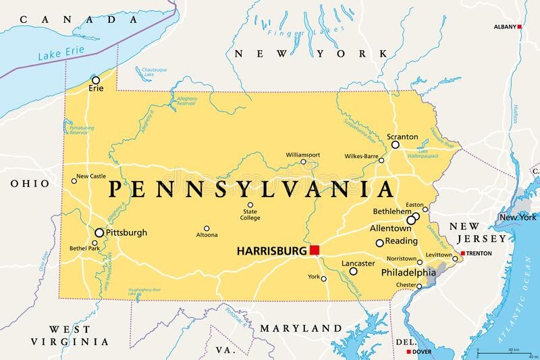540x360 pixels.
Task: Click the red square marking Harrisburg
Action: [315, 250]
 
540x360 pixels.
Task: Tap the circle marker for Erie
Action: [96, 80]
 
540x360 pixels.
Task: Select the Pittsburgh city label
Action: [126, 232]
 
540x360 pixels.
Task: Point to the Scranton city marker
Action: [396, 145]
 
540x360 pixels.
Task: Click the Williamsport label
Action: [302, 155]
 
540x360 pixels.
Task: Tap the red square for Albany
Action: [520, 27]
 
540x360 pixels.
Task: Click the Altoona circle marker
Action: [207, 228]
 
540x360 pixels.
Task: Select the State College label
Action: [250, 215]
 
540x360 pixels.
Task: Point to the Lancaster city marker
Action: [353, 271]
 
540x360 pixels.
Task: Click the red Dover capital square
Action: [408, 352]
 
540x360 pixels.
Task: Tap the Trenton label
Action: [480, 253]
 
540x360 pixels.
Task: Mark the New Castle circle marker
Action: [74, 180]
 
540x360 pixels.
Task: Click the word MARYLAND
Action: [302, 328]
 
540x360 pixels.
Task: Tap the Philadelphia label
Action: [408, 273]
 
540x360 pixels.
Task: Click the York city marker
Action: [322, 277]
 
